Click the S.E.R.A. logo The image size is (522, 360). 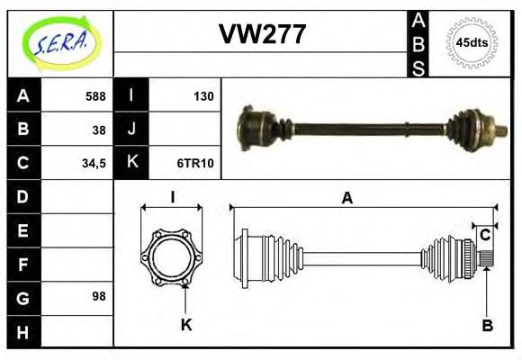click(x=60, y=42)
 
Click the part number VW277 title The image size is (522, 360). click(x=262, y=35)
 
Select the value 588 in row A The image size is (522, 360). click(x=94, y=96)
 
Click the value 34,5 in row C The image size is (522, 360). click(x=94, y=163)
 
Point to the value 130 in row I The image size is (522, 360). click(x=203, y=96)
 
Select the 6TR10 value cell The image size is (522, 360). click(x=195, y=163)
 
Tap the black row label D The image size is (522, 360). click(x=23, y=196)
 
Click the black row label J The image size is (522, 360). click(x=131, y=130)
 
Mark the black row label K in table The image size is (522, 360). click(x=131, y=163)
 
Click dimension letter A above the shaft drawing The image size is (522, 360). click(x=346, y=198)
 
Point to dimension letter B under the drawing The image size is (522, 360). click(x=487, y=326)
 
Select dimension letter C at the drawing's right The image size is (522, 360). click(x=485, y=236)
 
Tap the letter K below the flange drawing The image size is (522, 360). click(x=186, y=325)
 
